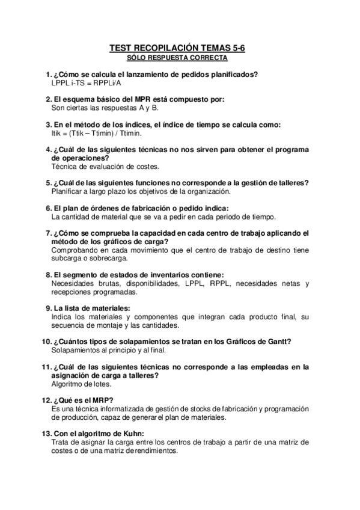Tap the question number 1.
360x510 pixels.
pyautogui.click(x=48, y=75)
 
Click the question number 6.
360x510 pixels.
pyautogui.click(x=48, y=207)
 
